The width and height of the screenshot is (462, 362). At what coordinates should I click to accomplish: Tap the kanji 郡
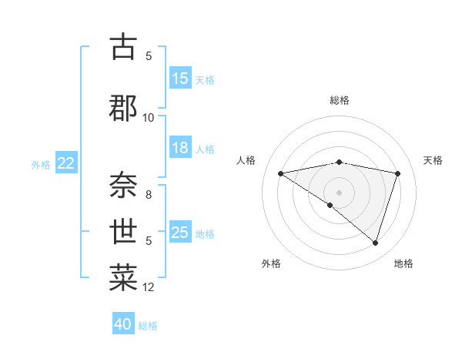point(123,108)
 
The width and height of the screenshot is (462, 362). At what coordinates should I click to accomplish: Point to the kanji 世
point(123,230)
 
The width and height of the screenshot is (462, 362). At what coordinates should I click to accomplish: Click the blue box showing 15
point(180,79)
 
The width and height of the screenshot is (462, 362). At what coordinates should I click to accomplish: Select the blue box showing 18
point(180,148)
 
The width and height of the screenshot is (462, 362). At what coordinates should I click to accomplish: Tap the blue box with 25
point(180,233)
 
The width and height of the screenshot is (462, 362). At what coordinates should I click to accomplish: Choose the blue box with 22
point(65,163)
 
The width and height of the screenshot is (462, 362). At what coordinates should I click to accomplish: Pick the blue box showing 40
point(123,324)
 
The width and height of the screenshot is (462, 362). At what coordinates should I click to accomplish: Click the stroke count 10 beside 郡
point(149,117)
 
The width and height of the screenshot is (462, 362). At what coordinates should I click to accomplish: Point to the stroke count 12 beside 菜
point(149,287)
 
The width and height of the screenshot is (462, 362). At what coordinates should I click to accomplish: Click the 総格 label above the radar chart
point(340,100)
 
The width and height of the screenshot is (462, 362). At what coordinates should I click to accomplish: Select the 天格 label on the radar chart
point(433,160)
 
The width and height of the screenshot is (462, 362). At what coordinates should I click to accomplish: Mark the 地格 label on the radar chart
point(403,263)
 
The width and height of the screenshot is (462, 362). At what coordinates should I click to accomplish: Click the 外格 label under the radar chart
point(271,263)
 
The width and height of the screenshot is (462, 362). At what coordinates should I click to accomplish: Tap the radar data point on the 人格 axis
point(280,173)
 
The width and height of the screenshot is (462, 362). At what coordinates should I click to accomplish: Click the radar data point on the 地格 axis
point(375,243)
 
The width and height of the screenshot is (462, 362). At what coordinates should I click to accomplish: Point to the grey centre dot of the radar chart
point(339,192)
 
